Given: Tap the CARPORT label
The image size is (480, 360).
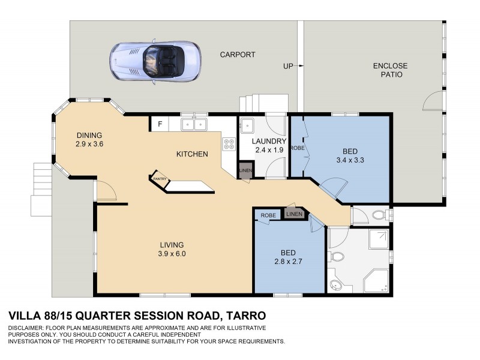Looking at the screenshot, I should pos(238,55).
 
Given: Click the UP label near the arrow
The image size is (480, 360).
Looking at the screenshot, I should pos(288,66).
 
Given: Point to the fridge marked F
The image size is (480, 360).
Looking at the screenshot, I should pos(160,125).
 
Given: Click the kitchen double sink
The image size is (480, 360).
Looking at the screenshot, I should pos(194,125).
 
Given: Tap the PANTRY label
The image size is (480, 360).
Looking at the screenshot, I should pos(159,179).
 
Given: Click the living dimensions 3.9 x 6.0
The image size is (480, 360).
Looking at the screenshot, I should pos(172,254).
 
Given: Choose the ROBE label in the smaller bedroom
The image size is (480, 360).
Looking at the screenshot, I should pos(268,215).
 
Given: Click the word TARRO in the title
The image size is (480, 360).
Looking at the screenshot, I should pos(244,316).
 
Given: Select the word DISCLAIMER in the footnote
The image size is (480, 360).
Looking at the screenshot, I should pos(26,328).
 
